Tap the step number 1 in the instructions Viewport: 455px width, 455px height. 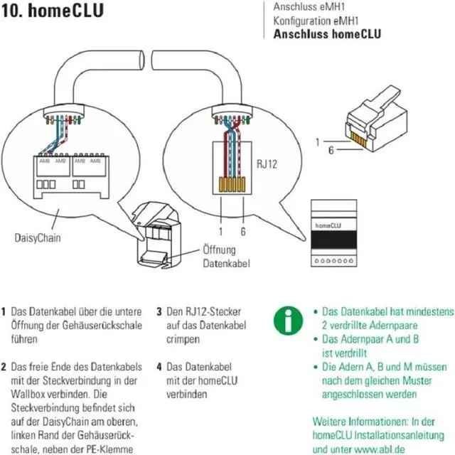point(5,312)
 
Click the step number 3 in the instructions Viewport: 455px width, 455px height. point(159,312)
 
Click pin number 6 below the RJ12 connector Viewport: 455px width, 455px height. point(243,230)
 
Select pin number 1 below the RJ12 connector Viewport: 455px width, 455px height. point(221,230)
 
